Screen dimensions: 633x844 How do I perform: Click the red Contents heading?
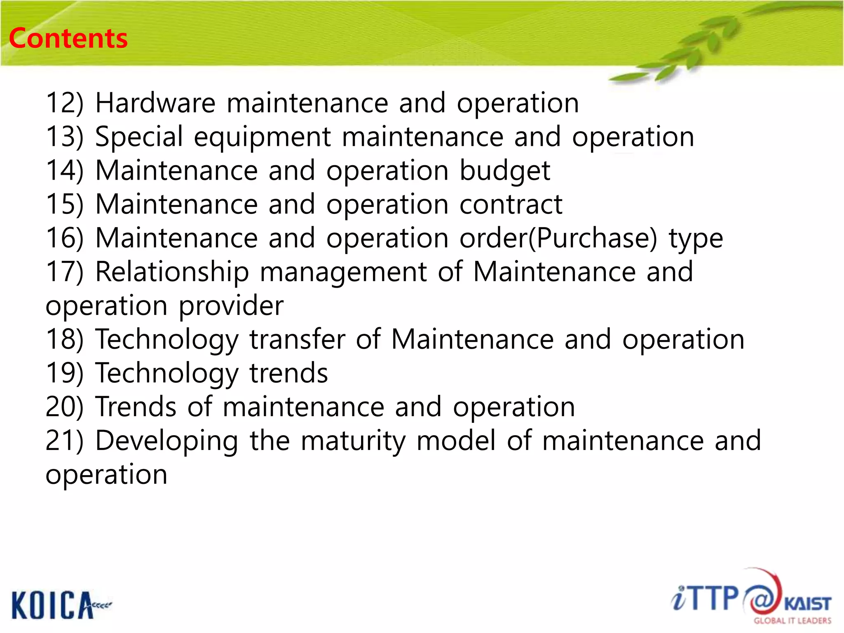(68, 38)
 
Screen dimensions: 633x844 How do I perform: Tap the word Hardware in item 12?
(155, 103)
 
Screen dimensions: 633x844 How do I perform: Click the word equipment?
(263, 137)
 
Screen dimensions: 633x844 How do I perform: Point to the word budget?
(504, 171)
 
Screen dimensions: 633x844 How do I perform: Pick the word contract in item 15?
(511, 204)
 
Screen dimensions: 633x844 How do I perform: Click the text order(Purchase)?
(558, 238)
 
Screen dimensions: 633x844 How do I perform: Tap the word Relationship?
(172, 272)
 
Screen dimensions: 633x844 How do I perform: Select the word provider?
(231, 306)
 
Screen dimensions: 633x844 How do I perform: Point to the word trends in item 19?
(288, 373)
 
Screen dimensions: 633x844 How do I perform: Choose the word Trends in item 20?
(136, 407)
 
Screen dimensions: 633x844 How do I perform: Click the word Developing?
(166, 441)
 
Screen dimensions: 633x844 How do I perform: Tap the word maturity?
(353, 441)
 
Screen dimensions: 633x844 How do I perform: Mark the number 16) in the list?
(64, 238)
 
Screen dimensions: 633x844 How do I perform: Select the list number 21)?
(64, 441)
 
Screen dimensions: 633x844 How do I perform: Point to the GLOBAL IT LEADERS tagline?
(792, 621)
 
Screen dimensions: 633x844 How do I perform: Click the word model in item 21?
(456, 441)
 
